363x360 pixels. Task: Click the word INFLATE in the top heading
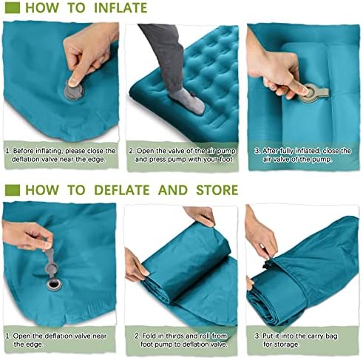tap(121, 8)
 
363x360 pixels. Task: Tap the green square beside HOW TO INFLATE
tap(13, 8)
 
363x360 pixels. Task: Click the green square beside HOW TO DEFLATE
tap(13, 190)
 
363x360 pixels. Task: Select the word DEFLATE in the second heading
tap(122, 190)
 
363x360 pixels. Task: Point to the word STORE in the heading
tap(217, 190)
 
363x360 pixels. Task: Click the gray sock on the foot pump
tap(189, 101)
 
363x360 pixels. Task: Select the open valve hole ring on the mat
tap(53, 285)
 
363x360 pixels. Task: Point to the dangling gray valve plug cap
tap(51, 263)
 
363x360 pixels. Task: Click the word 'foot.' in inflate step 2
tap(226, 160)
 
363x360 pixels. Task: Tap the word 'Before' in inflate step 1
tap(24, 151)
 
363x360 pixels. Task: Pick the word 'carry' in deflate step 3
tap(313, 336)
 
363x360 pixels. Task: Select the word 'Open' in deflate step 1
tap(22, 336)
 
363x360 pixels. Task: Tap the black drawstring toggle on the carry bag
tap(267, 264)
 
